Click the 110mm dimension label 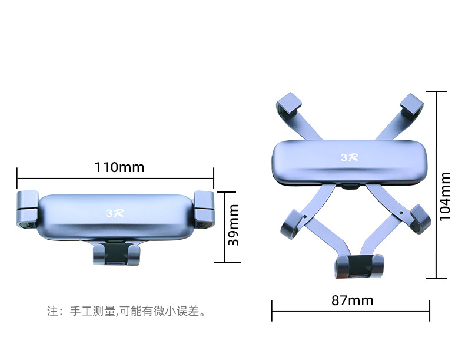pyautogui.click(x=119, y=167)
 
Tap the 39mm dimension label pyautogui.click(x=234, y=224)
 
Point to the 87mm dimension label pyautogui.click(x=352, y=300)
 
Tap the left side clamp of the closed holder pyautogui.click(x=26, y=209)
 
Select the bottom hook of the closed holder pyautogui.click(x=117, y=255)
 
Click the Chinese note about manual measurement pyautogui.click(x=127, y=311)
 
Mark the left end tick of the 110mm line pyautogui.click(x=17, y=174)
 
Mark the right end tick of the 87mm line pyautogui.click(x=430, y=311)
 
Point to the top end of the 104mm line pyautogui.click(x=436, y=91)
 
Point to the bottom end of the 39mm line pyautogui.click(x=225, y=262)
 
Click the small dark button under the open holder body pyautogui.click(x=350, y=188)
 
